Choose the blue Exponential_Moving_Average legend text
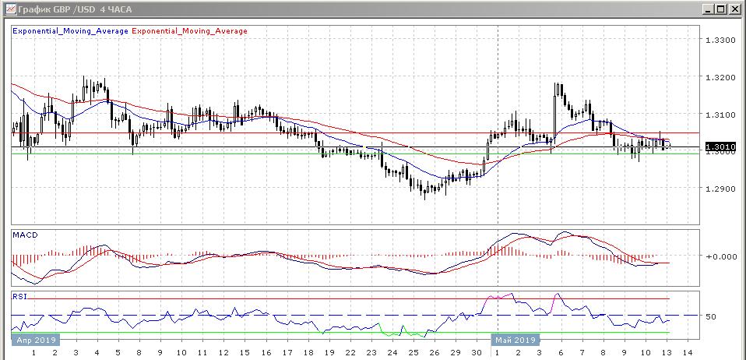click(x=70, y=31)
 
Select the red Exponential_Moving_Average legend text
click(x=190, y=31)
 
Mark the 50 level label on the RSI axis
click(x=710, y=316)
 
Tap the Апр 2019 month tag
click(x=33, y=340)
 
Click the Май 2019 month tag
click(x=515, y=340)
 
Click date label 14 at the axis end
click(x=686, y=353)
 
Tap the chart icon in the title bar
click(x=9, y=9)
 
